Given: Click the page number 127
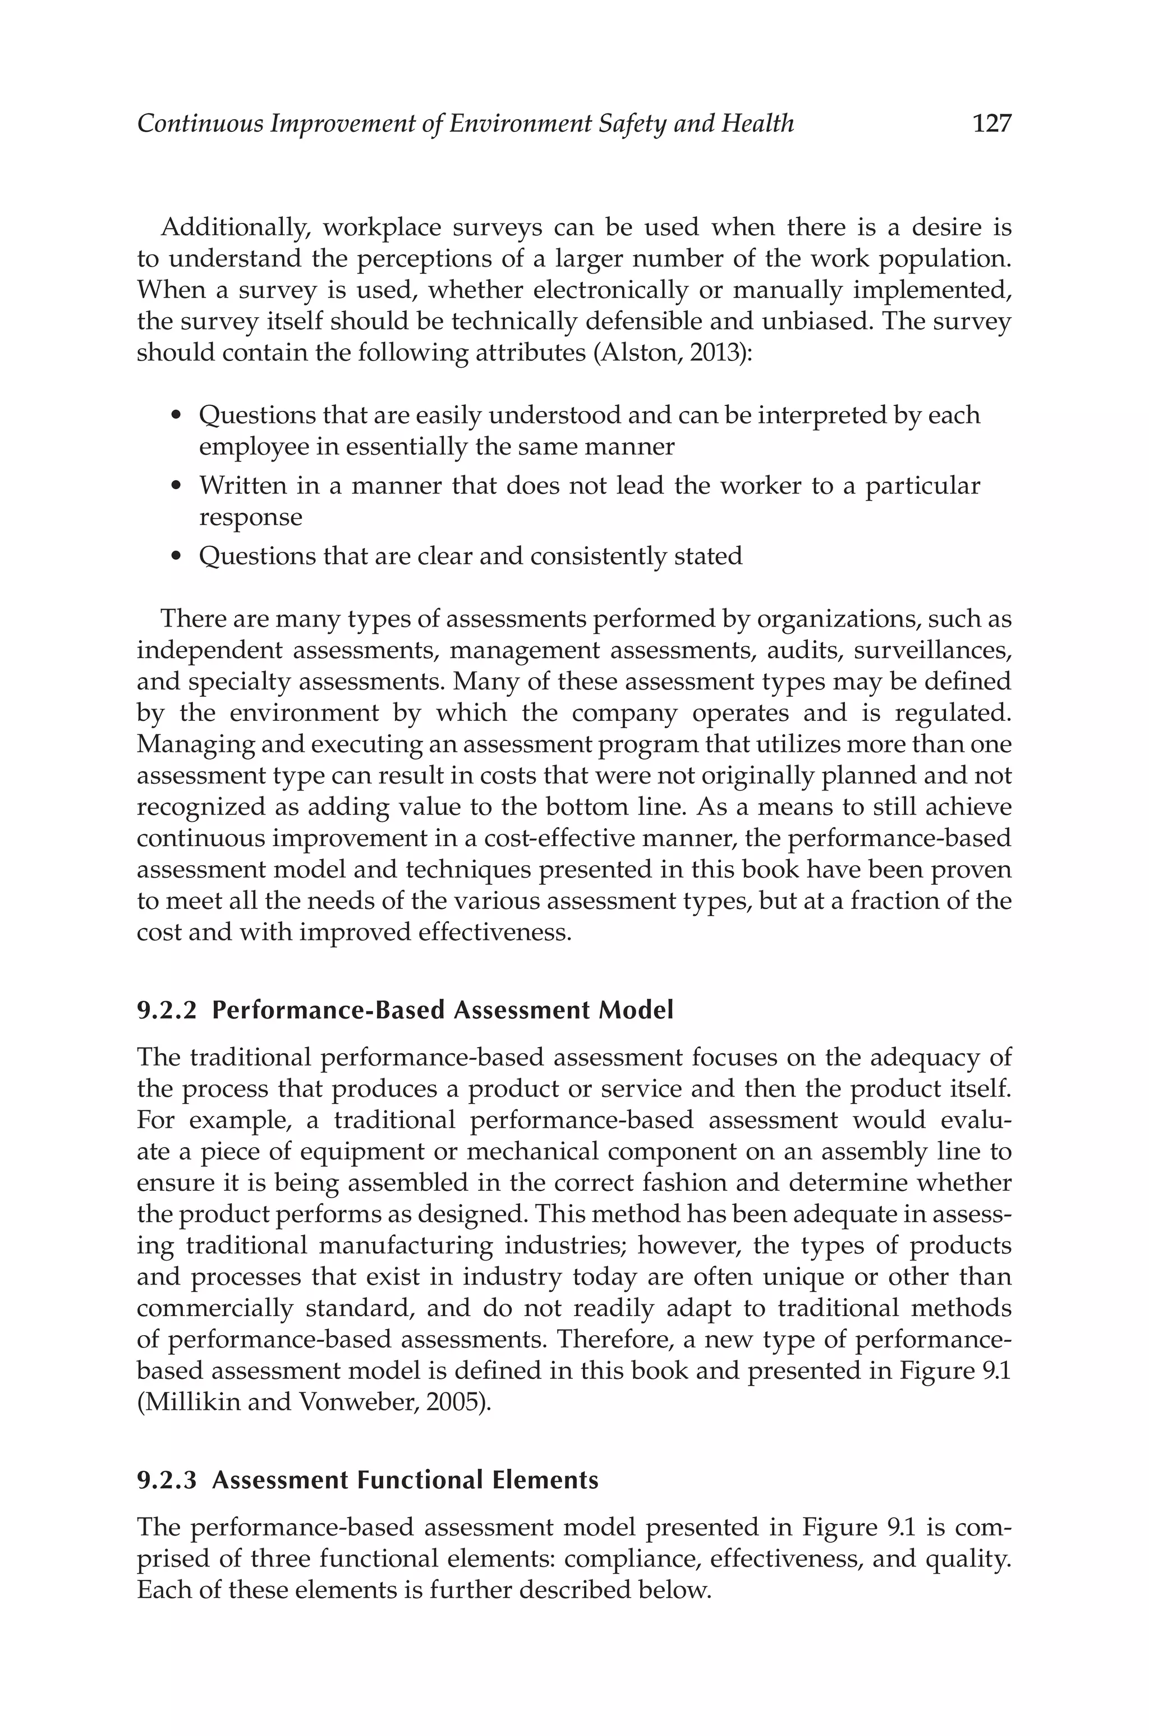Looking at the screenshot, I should (991, 123).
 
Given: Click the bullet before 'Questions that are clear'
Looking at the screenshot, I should (175, 556).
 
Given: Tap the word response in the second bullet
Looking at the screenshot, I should (251, 518).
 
